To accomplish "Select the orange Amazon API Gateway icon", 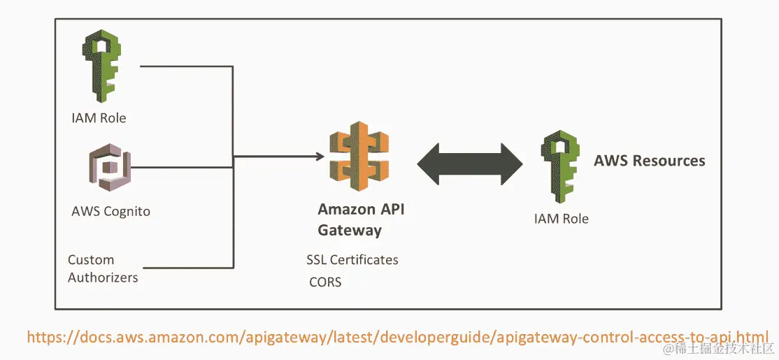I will pos(359,158).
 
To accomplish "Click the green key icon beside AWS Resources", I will pos(562,165).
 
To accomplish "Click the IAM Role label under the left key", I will pos(99,118).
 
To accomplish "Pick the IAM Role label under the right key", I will pos(561,219).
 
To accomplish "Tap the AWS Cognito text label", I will pos(110,210).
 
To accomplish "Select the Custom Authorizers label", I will pos(103,268).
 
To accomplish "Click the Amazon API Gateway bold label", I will pos(361,219).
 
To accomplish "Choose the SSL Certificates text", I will pos(352,260).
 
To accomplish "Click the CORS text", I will pos(325,282).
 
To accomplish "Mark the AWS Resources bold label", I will pos(649,161).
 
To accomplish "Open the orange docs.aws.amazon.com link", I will pos(398,336).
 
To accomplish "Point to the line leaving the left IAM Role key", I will pos(185,66).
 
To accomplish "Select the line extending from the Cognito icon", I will pos(182,168).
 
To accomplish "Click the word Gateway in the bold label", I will pos(350,229).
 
